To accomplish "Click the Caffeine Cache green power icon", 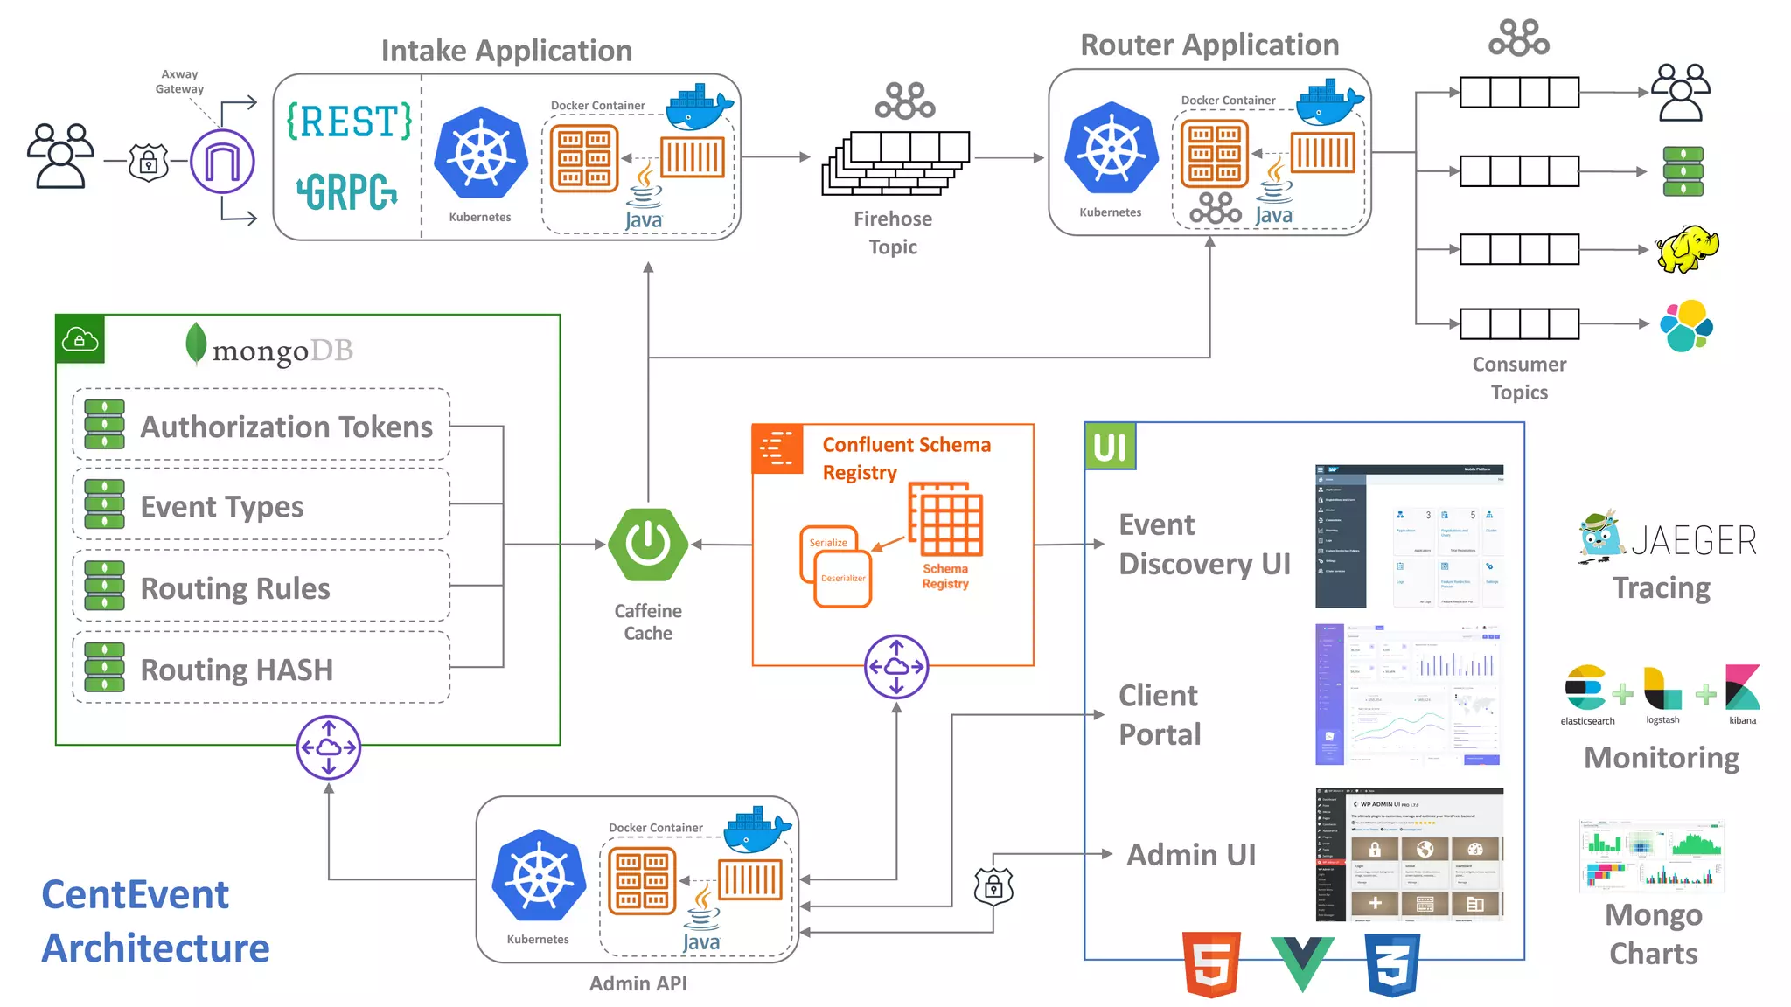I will (648, 545).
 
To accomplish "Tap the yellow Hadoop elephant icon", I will (1686, 249).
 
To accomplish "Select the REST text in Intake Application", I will (349, 121).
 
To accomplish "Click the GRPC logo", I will (347, 191).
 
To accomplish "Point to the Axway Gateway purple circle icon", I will (222, 161).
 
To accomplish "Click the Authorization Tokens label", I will (286, 427).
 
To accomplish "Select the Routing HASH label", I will (236, 670).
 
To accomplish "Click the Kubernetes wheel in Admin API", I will (538, 875).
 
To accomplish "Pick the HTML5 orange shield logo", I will (1211, 964).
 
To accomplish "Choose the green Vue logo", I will (1302, 962).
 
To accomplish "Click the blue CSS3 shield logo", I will (1392, 964).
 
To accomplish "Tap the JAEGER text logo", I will (1693, 541).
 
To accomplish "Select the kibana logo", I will (1742, 689).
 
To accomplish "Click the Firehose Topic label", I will (893, 233).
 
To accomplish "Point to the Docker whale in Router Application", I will (1328, 103).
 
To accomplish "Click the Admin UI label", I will (1191, 854).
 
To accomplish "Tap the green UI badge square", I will (1110, 447).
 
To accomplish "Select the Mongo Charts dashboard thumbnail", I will (1652, 855).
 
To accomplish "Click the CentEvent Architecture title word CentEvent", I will (135, 895).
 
